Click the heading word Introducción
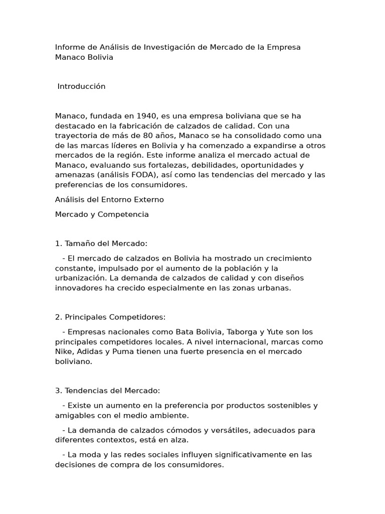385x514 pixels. [x=81, y=86]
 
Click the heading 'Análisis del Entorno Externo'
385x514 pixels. [x=109, y=199]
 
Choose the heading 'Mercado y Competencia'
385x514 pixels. [x=102, y=214]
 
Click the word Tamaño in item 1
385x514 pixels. [x=79, y=243]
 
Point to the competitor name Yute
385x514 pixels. [x=275, y=332]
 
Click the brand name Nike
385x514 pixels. [x=64, y=351]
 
